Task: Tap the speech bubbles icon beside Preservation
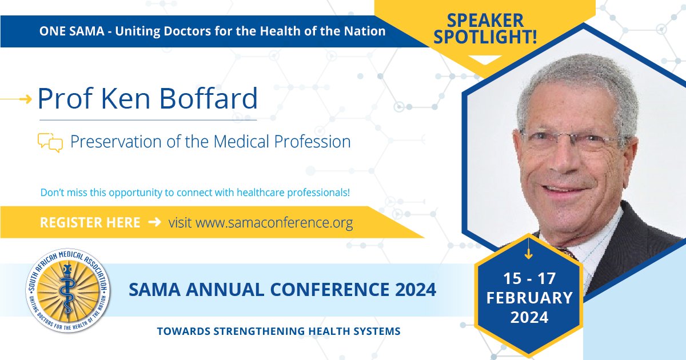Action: point(50,142)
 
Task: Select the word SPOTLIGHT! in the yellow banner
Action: point(484,39)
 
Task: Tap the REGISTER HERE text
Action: point(90,222)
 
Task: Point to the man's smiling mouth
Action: point(566,189)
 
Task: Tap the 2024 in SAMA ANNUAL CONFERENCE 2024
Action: point(413,290)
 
